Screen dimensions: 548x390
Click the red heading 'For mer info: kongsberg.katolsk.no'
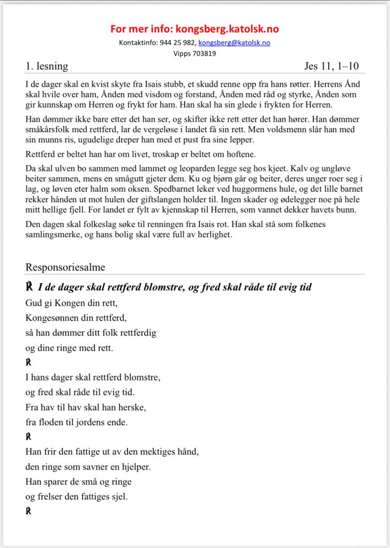point(195,29)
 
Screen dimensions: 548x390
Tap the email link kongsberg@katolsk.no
point(234,43)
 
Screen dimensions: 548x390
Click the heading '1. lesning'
point(47,66)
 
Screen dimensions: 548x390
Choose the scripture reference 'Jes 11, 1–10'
point(332,66)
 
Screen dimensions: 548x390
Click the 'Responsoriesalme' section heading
point(65,267)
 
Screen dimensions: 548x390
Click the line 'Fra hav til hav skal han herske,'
point(85,407)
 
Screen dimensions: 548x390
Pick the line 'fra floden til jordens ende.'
point(77,422)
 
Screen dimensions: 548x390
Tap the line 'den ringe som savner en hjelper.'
point(88,467)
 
